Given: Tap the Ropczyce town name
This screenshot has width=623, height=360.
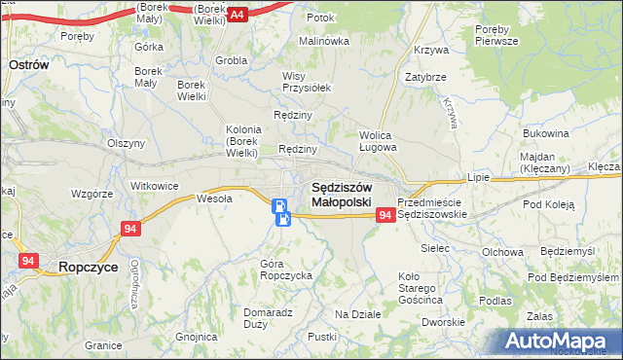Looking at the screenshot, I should click(x=89, y=265).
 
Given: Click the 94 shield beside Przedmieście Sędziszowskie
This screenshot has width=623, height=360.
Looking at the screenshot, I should click(x=385, y=214).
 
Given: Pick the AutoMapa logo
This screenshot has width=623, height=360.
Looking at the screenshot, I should click(x=560, y=342).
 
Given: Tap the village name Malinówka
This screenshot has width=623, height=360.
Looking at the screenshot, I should click(x=324, y=41).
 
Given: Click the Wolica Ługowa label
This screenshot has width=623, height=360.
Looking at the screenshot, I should click(x=378, y=142).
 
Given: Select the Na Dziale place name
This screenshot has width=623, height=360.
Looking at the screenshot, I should click(x=357, y=314).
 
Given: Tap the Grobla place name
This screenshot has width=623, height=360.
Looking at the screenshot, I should click(x=232, y=60).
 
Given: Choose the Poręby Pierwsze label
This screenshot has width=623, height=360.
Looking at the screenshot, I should click(x=497, y=36).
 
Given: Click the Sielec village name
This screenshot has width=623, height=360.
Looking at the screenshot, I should click(x=435, y=249).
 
